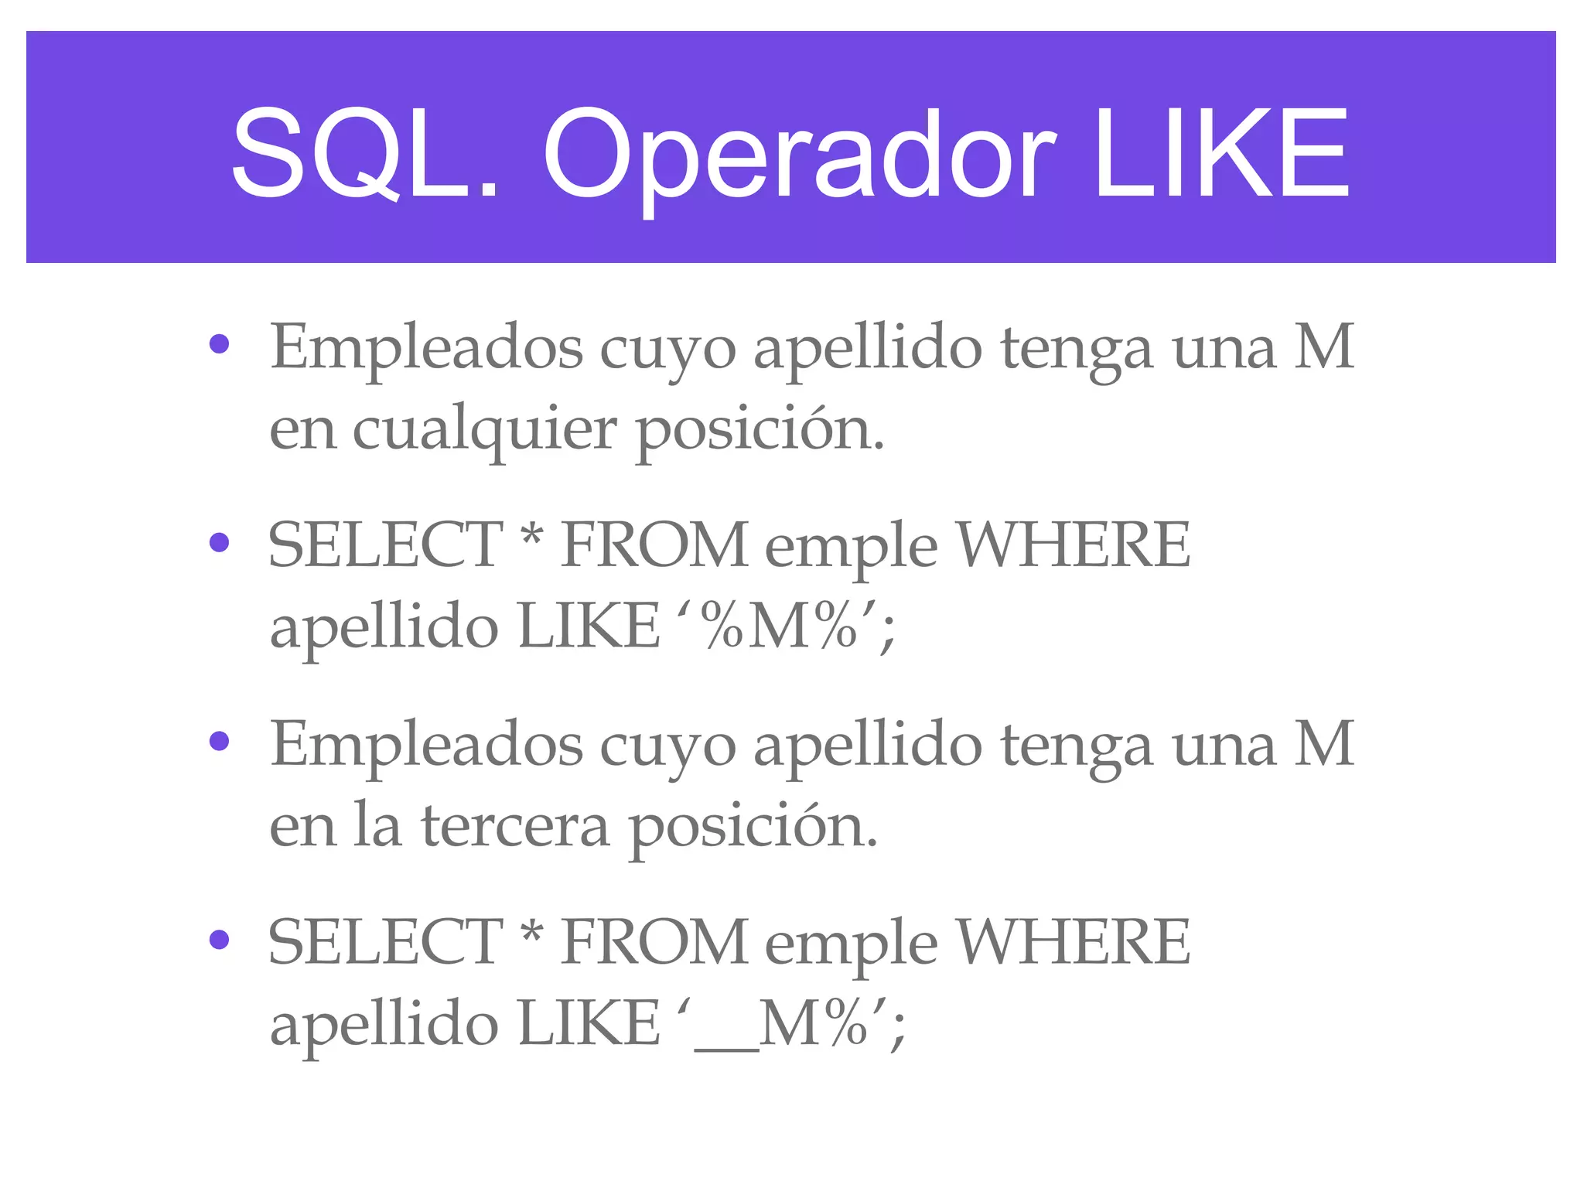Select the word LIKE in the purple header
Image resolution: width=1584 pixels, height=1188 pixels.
coord(1222,153)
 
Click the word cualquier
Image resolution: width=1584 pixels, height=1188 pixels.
coord(484,430)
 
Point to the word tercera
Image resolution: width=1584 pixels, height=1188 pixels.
coord(515,826)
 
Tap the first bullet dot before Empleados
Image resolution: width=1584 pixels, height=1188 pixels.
coord(220,343)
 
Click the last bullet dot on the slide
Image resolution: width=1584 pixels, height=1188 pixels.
coord(220,939)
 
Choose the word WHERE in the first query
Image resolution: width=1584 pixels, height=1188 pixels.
coord(1074,544)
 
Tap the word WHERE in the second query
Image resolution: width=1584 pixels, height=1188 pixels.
coord(1074,942)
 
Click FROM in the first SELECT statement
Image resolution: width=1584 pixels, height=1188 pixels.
coord(654,544)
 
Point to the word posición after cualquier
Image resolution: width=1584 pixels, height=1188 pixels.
coord(760,430)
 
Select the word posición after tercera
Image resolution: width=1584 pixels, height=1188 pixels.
coord(753,826)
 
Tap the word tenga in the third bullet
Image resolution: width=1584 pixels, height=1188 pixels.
coord(1077,746)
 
